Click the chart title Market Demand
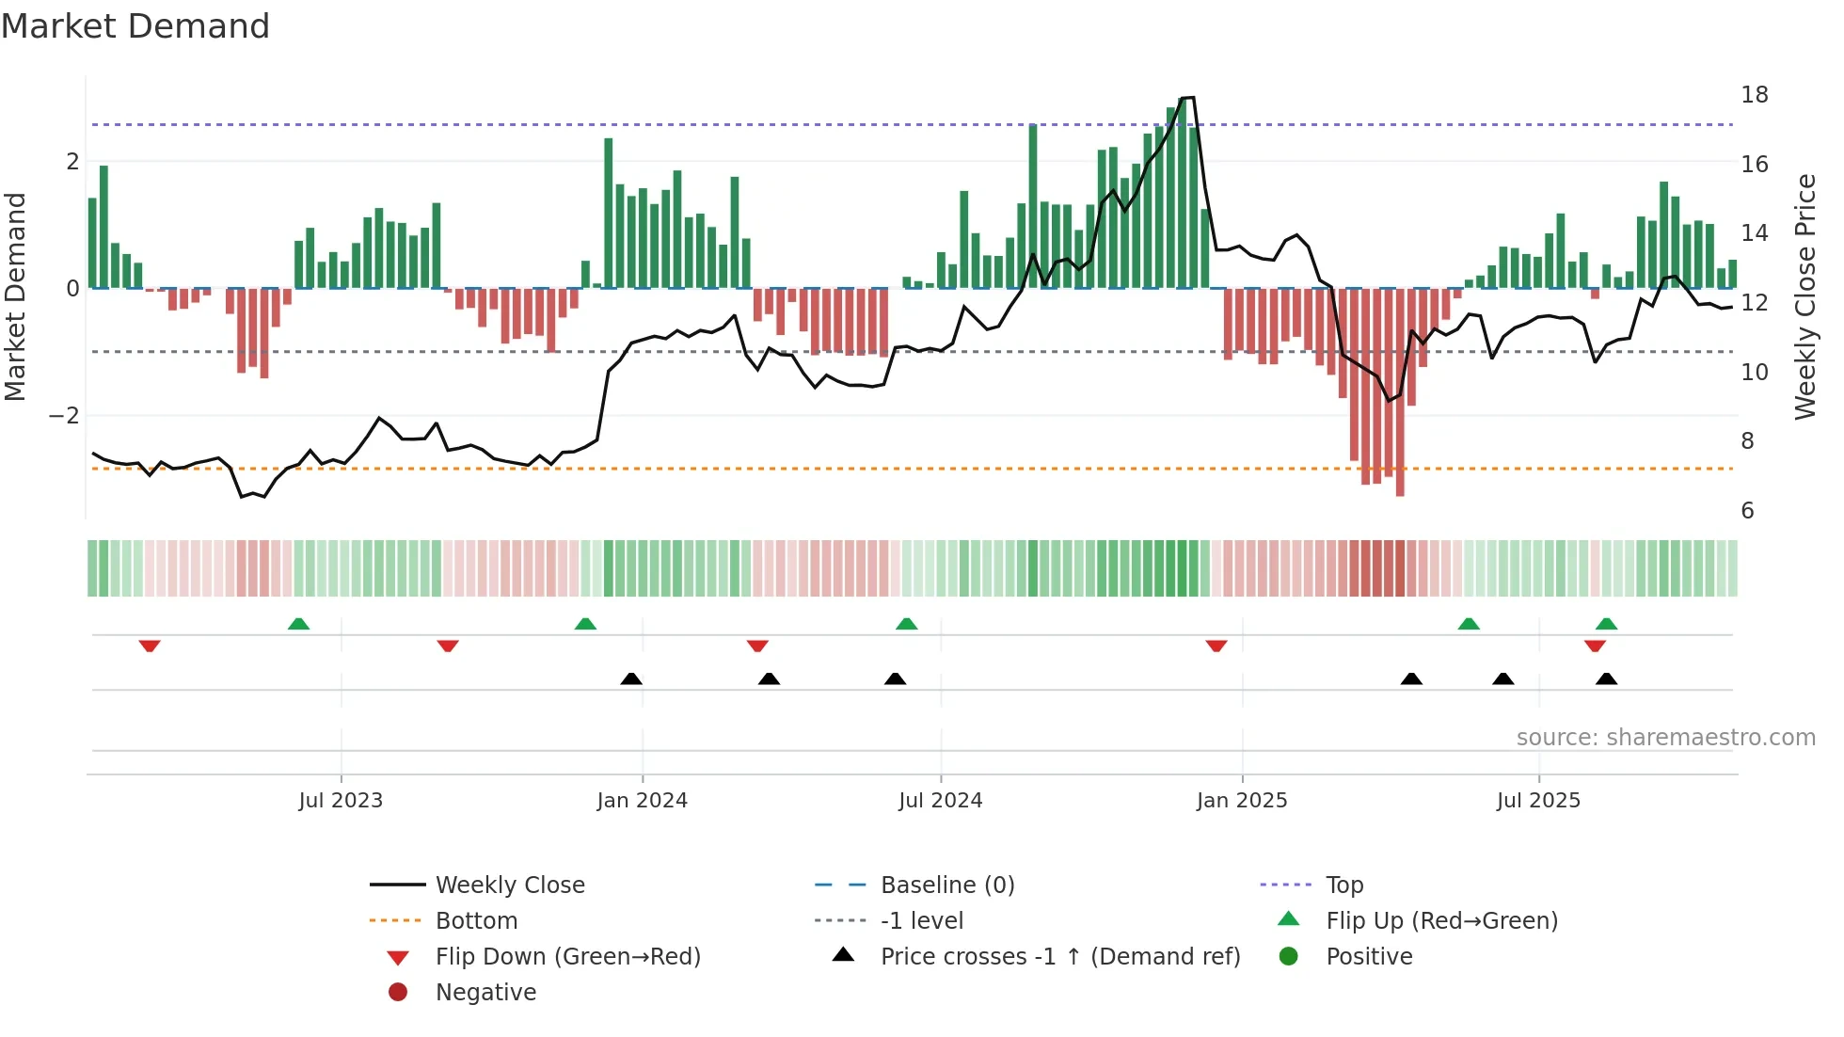(x=135, y=26)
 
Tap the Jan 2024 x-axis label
(x=642, y=801)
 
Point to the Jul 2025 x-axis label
(x=1538, y=801)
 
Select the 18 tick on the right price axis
(x=1754, y=95)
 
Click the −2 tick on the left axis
(x=64, y=416)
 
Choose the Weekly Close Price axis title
(x=1804, y=296)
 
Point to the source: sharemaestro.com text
(x=1665, y=738)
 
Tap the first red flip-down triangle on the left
(x=150, y=646)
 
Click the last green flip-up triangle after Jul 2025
(x=1606, y=624)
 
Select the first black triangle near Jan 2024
(x=631, y=678)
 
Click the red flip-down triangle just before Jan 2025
(x=1216, y=646)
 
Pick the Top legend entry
(x=1343, y=885)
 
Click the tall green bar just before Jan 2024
(x=609, y=213)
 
